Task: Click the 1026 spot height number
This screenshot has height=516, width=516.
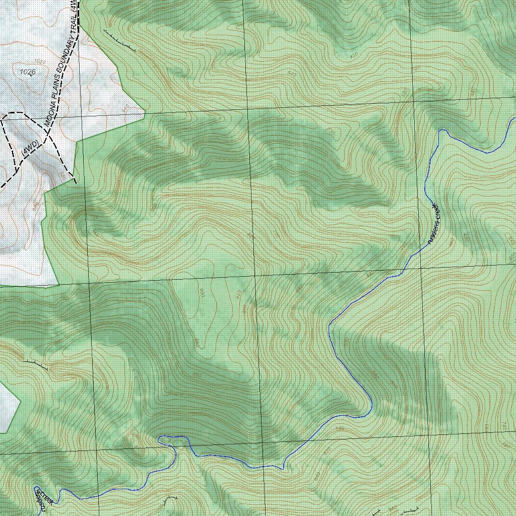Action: (x=28, y=72)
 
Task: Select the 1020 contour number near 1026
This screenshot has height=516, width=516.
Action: (x=41, y=61)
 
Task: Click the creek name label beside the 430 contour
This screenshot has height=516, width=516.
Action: (x=434, y=224)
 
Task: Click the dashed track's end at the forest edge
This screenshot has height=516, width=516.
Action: (x=76, y=183)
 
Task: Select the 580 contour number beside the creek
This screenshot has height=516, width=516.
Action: (x=340, y=429)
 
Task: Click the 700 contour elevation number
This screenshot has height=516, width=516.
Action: (x=346, y=342)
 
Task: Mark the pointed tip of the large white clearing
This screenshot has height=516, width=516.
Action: (x=145, y=113)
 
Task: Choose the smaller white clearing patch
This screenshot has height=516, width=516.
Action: (x=7, y=408)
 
